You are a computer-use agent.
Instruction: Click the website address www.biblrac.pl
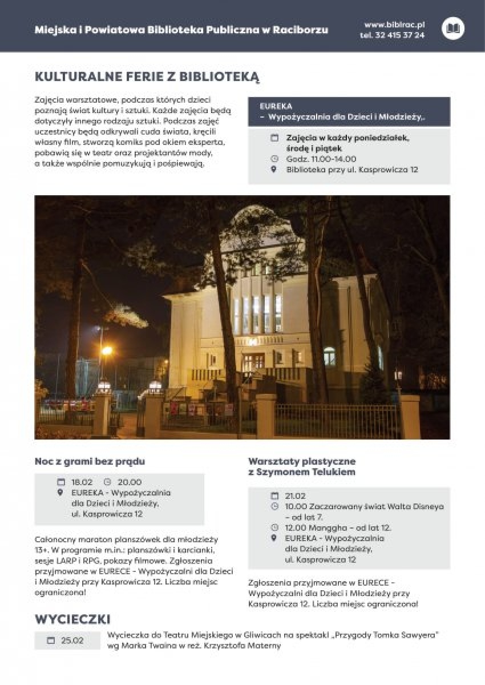(394, 25)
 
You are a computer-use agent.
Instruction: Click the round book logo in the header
(453, 29)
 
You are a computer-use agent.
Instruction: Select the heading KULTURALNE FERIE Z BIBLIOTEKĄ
(147, 77)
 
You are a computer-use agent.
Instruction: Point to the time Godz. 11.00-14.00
(321, 159)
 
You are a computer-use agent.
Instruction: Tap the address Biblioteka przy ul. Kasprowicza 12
(351, 170)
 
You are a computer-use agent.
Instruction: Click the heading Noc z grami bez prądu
(90, 461)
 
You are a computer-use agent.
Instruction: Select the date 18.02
(82, 482)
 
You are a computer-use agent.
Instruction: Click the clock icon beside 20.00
(107, 482)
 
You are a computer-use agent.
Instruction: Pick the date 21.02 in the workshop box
(295, 496)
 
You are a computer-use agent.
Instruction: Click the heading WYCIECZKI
(72, 619)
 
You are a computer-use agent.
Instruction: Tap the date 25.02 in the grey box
(72, 640)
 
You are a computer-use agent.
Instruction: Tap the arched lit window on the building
(329, 356)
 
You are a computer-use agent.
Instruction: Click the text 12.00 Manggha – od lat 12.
(338, 527)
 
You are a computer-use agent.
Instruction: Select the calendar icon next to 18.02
(61, 482)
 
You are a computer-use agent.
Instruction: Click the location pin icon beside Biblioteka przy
(274, 170)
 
